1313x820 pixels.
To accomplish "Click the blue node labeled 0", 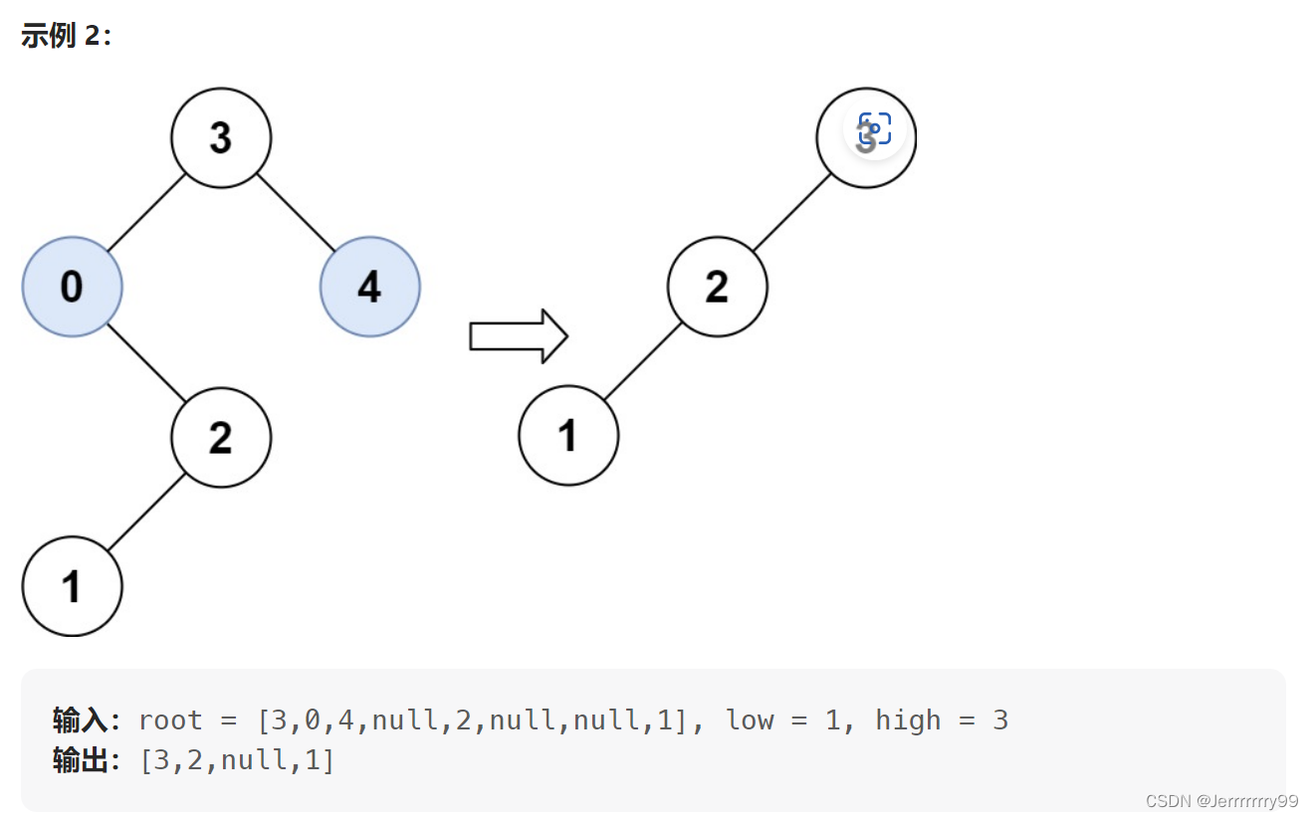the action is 72,287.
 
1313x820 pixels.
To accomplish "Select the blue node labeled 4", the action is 369,287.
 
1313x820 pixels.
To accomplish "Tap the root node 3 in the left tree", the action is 221,137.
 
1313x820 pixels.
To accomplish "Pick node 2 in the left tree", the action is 221,437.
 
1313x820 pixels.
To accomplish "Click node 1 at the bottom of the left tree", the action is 72,586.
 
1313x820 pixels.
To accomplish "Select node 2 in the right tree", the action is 717,287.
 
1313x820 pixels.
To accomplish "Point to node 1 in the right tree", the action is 568,436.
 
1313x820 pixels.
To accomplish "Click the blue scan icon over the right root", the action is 875,129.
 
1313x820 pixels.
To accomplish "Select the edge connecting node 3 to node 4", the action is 296,212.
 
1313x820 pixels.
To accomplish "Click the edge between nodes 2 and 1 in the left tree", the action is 146,512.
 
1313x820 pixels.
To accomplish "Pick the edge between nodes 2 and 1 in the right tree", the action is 643,361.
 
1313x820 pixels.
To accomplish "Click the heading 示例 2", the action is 66,37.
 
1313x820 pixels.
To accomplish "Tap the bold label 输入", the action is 85,719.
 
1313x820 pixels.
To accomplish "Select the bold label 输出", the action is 85,761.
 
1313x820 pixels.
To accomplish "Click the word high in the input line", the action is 908,719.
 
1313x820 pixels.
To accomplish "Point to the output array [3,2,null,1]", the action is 237,761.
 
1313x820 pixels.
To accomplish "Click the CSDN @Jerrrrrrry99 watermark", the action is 1221,801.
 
